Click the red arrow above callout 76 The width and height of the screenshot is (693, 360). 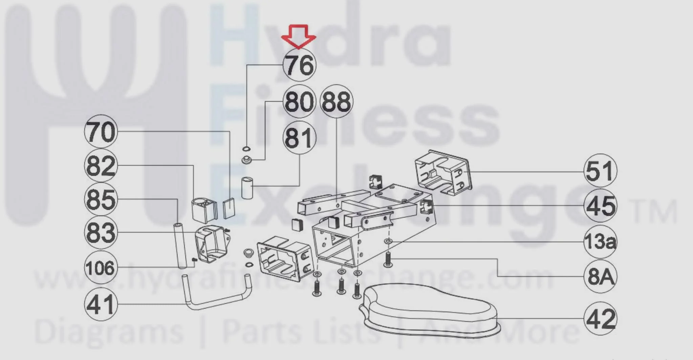pyautogui.click(x=299, y=36)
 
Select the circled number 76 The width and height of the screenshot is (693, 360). pyautogui.click(x=300, y=65)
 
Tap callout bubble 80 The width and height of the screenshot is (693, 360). pyautogui.click(x=300, y=102)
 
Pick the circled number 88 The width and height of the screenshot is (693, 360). pyautogui.click(x=336, y=101)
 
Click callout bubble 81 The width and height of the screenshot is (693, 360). pyautogui.click(x=300, y=137)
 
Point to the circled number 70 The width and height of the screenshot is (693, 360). pyautogui.click(x=101, y=131)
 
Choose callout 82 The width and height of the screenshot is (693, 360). pyautogui.click(x=101, y=166)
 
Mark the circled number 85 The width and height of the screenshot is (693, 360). pyautogui.click(x=101, y=199)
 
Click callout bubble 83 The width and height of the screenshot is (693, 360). pyautogui.click(x=101, y=233)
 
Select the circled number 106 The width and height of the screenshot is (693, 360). pyautogui.click(x=101, y=268)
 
